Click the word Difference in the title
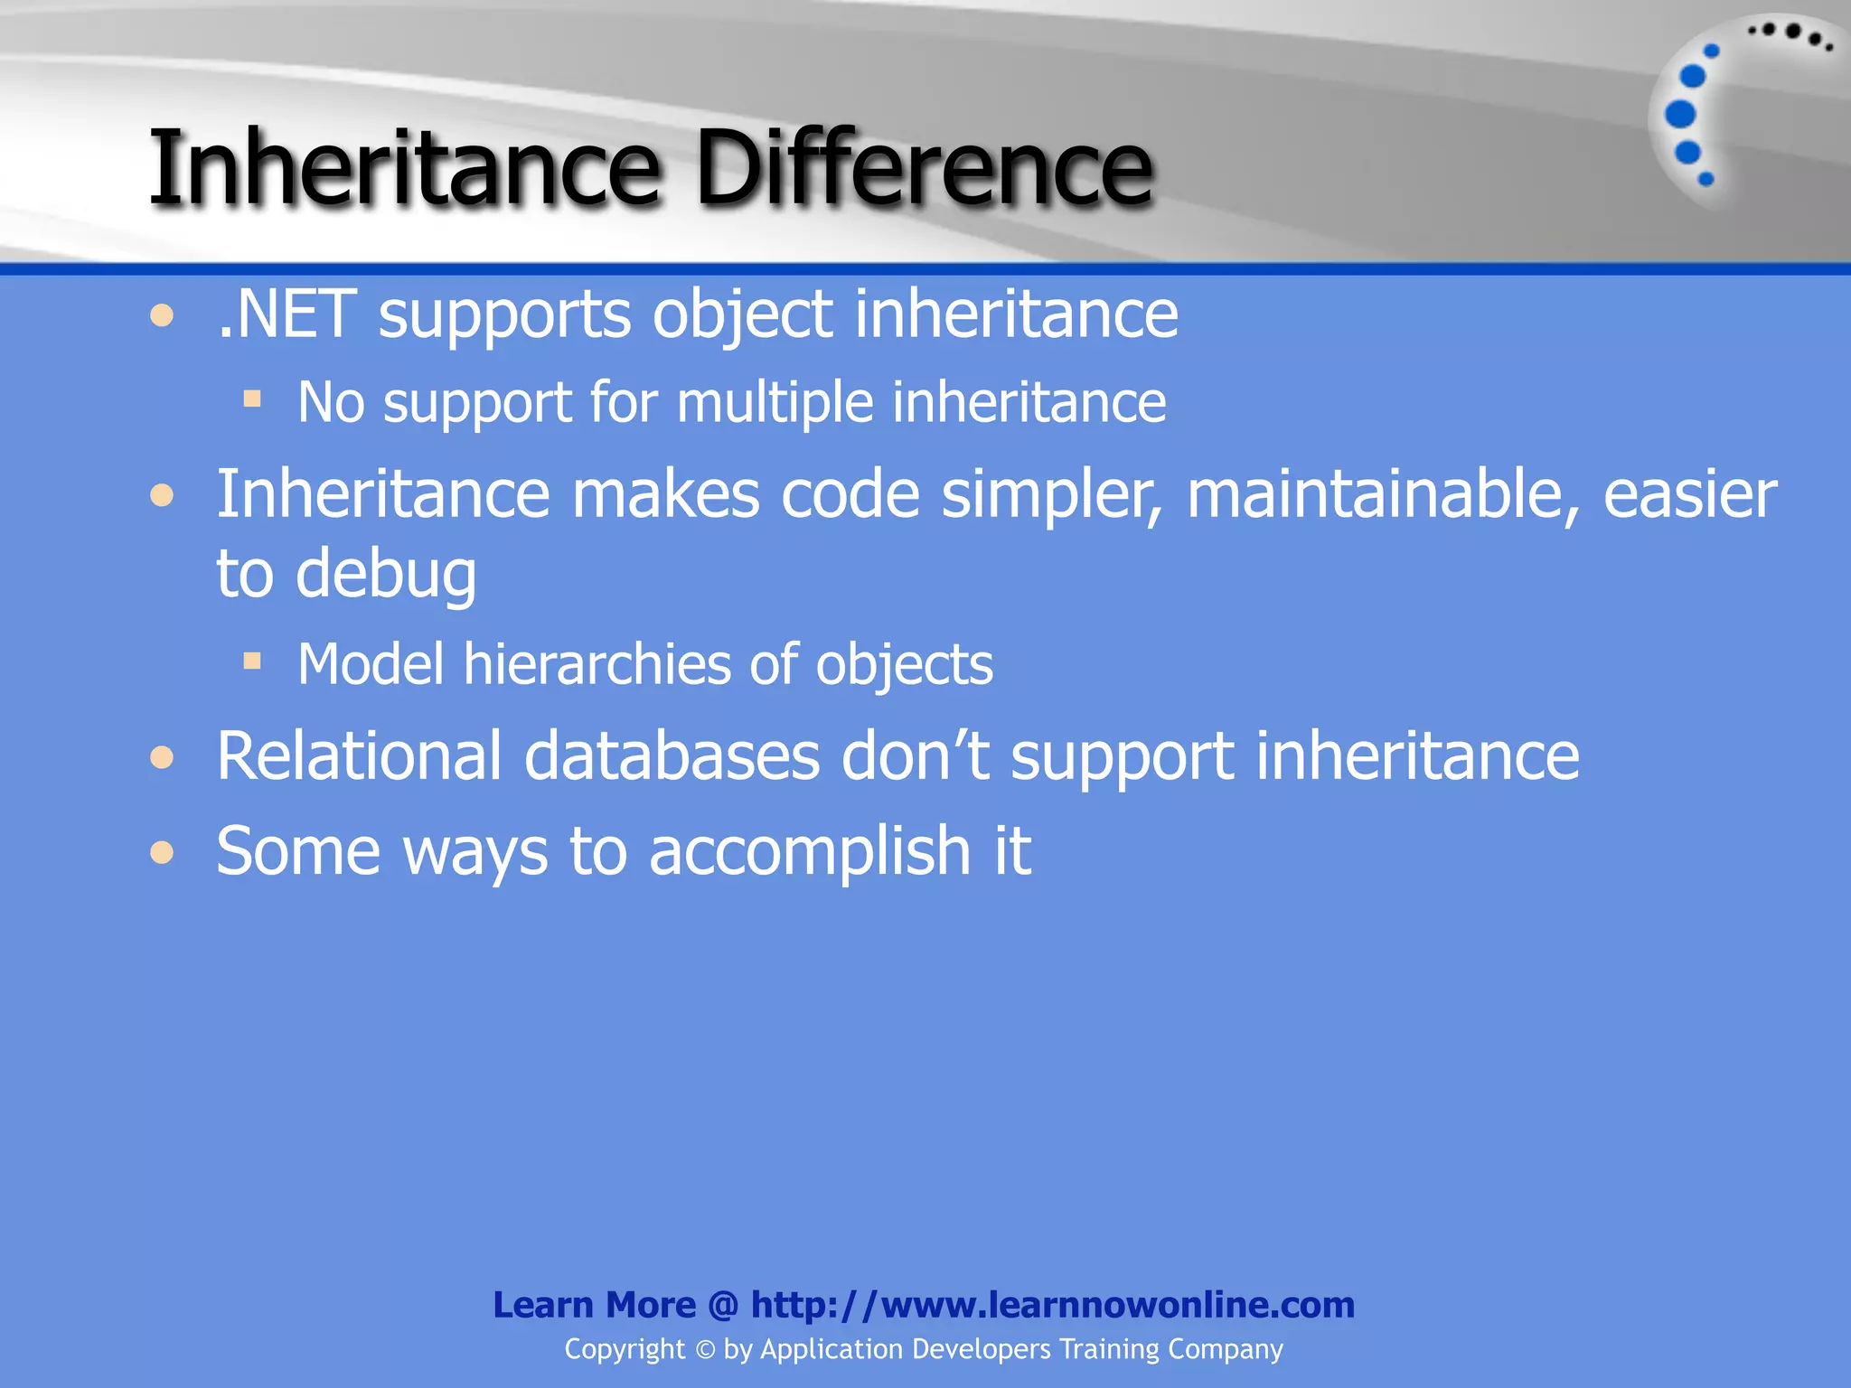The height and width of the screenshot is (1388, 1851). (x=924, y=168)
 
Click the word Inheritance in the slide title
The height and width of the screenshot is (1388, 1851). (x=404, y=168)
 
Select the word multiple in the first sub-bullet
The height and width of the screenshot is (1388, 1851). (x=775, y=402)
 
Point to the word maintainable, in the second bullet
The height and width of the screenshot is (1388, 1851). (x=1384, y=495)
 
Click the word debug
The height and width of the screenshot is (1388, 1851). (x=386, y=575)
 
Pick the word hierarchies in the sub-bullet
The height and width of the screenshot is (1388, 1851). (x=597, y=664)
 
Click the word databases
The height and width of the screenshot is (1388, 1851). (x=672, y=755)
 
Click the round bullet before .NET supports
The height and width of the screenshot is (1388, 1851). (x=162, y=316)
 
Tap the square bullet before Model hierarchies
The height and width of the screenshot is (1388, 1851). (x=252, y=661)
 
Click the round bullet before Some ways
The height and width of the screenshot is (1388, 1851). (x=162, y=852)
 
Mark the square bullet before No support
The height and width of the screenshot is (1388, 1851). (x=252, y=399)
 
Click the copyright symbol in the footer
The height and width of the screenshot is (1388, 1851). (x=705, y=1350)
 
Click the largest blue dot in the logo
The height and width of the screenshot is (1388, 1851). (x=1680, y=115)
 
